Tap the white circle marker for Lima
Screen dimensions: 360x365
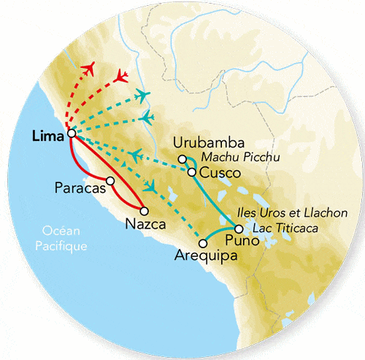pyautogui.click(x=71, y=134)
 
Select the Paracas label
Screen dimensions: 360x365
pyautogui.click(x=77, y=188)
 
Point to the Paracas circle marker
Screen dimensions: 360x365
pyautogui.click(x=109, y=180)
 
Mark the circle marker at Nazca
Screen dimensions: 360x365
pyautogui.click(x=154, y=211)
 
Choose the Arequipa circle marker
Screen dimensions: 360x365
pyautogui.click(x=201, y=243)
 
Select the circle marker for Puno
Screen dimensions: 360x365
pyautogui.click(x=239, y=229)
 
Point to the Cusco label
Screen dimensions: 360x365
pyautogui.click(x=215, y=173)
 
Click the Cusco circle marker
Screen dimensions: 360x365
pyautogui.click(x=191, y=173)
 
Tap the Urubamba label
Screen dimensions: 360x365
pyautogui.click(x=201, y=143)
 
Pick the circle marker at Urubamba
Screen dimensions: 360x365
pyautogui.click(x=182, y=159)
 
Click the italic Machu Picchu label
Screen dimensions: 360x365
pyautogui.click(x=234, y=158)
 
